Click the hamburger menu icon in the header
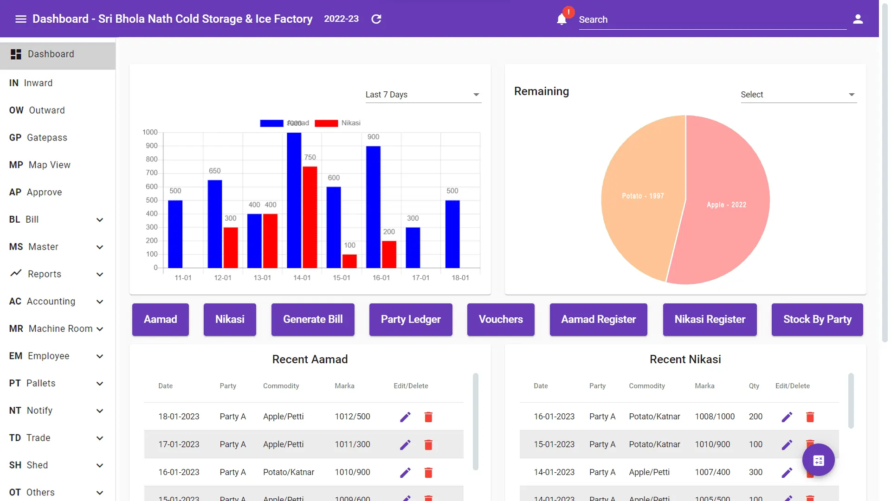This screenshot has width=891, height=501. pos(20,19)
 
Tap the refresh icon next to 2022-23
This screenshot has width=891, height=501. pos(376,19)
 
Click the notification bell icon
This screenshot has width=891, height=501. pos(562,19)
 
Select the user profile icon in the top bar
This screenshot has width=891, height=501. pos(858,19)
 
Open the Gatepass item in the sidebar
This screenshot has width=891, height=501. pos(46,138)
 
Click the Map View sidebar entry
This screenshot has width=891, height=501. pos(49,165)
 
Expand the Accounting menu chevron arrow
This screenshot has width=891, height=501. pos(100,302)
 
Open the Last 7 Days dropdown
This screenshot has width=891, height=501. pos(423,95)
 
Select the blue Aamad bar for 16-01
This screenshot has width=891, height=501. pos(373,207)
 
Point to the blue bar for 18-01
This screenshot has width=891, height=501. pos(452,234)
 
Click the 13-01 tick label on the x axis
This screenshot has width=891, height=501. pos(262,278)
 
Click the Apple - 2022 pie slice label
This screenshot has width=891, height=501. pos(726,205)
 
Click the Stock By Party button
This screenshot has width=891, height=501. pos(817,320)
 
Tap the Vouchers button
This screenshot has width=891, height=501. pos(500,320)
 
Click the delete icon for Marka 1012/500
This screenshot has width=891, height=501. pos(428,417)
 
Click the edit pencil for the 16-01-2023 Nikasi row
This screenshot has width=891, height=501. pos(787,417)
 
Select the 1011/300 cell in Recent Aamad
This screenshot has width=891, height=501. pos(352,444)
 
